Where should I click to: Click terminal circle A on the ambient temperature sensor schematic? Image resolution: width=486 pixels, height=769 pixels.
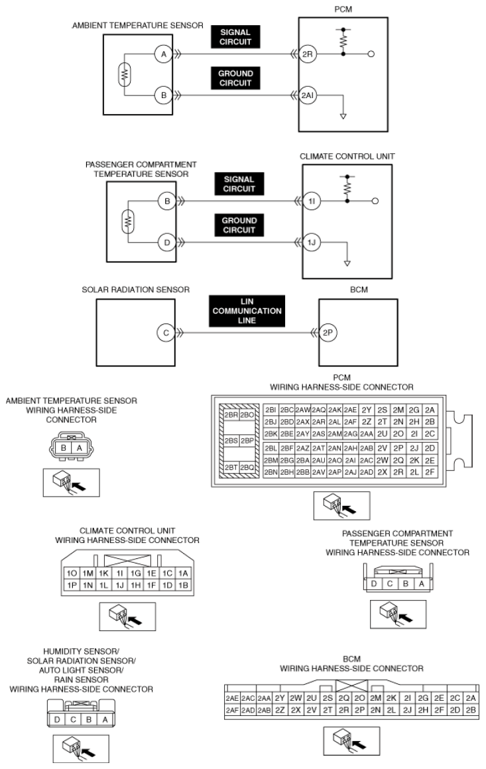point(163,55)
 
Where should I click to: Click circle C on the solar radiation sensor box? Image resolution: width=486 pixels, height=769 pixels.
point(166,333)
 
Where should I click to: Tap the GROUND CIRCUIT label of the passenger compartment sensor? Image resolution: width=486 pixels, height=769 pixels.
point(239,225)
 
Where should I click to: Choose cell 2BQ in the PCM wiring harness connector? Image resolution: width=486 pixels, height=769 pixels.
point(247,467)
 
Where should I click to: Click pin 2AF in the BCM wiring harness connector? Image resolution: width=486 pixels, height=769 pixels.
point(232,710)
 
